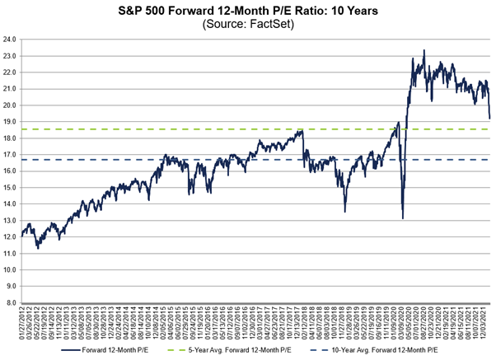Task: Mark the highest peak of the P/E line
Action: point(423,50)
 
